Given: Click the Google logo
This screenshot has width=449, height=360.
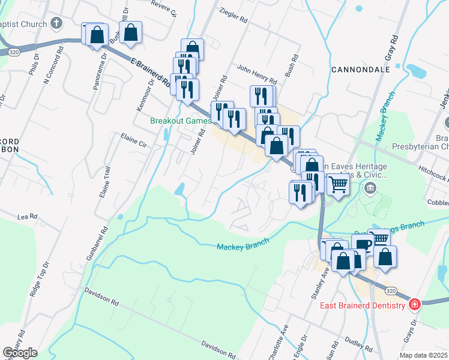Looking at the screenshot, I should [20, 353].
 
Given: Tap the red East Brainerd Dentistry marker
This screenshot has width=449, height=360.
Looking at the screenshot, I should [414, 305].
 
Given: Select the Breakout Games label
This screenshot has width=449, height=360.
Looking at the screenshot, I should [180, 121].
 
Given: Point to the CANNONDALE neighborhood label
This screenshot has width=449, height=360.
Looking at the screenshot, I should [361, 70].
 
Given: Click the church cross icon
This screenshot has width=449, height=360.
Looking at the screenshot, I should [56, 24].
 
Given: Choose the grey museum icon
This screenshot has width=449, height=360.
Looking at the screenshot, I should [370, 190].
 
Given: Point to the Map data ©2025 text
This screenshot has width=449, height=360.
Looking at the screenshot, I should [424, 355].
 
